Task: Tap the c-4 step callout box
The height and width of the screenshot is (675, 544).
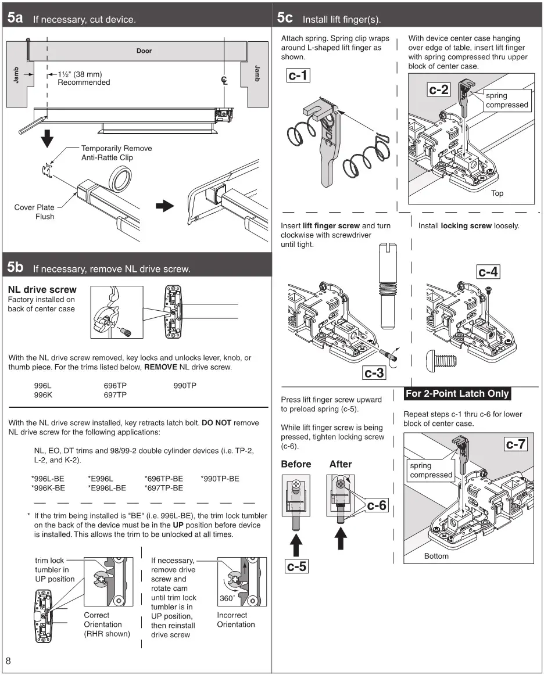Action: point(488,271)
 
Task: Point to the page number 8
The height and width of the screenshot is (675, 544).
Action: point(9,660)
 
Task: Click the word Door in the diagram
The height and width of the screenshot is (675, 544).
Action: point(144,51)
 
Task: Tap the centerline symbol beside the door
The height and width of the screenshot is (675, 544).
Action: point(224,80)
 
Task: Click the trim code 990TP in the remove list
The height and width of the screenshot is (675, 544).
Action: point(185,386)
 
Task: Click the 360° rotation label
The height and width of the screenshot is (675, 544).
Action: point(227,598)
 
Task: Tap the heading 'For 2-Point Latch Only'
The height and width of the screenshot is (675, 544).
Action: point(457,394)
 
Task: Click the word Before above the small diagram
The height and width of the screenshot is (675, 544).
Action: point(296,464)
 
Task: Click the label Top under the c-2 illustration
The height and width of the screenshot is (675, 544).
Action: point(498,193)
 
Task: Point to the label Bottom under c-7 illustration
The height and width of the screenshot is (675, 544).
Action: point(436,556)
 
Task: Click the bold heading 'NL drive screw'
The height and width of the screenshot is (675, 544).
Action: point(42,289)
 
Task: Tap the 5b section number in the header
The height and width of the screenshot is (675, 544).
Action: point(16,267)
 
